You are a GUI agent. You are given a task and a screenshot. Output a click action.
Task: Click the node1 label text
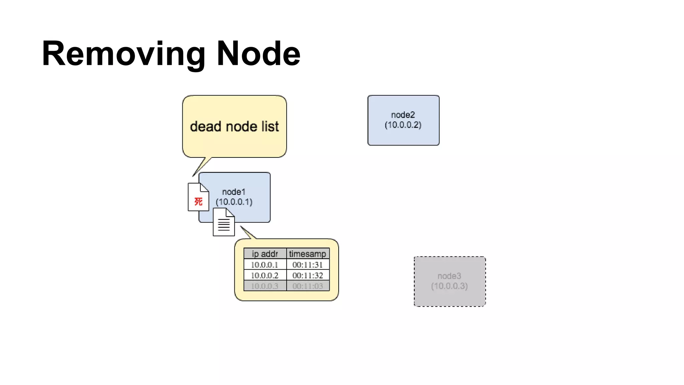tap(234, 192)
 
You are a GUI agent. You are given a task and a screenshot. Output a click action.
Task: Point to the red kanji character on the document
tap(198, 202)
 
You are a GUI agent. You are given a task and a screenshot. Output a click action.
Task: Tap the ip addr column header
tap(265, 254)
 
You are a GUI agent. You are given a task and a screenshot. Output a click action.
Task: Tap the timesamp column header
tap(308, 254)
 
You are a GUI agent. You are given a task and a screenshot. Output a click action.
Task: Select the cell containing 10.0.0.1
tap(265, 265)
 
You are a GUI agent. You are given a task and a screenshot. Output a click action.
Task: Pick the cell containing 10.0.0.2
tap(265, 275)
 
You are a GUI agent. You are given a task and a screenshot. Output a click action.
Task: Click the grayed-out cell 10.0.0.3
tap(265, 286)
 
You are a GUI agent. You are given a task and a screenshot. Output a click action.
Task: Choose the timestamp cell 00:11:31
tap(308, 265)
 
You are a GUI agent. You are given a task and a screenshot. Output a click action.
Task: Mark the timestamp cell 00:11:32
tap(308, 275)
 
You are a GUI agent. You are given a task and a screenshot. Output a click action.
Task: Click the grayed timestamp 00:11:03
tap(308, 286)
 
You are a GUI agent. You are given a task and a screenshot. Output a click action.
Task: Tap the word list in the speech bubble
tap(270, 127)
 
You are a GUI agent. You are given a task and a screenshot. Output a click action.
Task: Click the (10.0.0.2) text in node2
tap(403, 125)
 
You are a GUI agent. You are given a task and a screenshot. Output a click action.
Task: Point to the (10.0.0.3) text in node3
tap(450, 286)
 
